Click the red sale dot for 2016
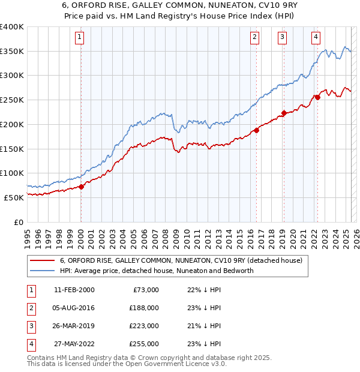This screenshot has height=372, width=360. click(x=256, y=130)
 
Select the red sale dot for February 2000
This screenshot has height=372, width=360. click(x=81, y=186)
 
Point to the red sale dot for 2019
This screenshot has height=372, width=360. click(x=284, y=112)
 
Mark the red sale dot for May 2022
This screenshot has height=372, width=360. click(x=317, y=97)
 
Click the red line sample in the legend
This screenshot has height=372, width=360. click(x=42, y=260)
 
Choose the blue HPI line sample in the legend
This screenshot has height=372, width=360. click(x=42, y=271)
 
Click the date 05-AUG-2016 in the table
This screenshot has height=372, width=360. click(x=74, y=308)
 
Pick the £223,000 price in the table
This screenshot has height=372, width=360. click(x=144, y=326)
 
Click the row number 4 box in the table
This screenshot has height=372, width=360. click(x=30, y=344)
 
